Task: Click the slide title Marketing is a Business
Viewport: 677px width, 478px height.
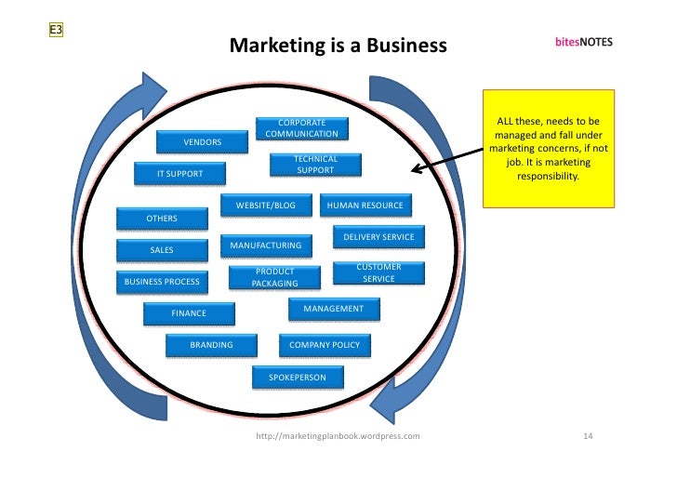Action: [338, 46]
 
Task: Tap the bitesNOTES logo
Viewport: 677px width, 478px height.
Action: [584, 43]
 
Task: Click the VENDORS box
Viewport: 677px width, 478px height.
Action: [202, 142]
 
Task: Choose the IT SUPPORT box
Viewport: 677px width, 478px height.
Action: [179, 174]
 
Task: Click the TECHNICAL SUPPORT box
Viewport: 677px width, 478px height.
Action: [315, 165]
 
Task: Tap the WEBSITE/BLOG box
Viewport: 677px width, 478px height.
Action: [265, 205]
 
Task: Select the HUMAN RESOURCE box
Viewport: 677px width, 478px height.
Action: [364, 205]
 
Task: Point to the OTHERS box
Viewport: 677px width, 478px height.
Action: [161, 219]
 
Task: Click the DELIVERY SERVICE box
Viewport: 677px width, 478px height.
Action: [378, 237]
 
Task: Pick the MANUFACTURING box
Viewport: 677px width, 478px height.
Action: [266, 246]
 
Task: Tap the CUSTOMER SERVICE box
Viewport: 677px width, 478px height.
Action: [378, 272]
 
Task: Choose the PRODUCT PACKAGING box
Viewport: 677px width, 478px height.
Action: [275, 277]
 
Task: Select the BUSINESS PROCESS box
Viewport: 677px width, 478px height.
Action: [162, 281]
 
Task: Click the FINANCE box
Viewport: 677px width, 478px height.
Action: [189, 313]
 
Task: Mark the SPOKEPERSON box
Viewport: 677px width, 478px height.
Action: [298, 378]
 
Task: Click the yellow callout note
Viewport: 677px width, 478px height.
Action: [548, 148]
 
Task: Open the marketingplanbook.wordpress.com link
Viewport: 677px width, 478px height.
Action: [338, 435]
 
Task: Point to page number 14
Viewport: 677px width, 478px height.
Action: [588, 435]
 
